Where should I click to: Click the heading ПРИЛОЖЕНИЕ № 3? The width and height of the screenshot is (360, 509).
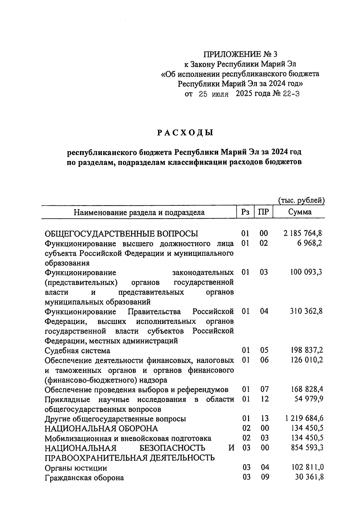click(240, 54)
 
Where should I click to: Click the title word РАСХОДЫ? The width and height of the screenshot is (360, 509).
click(185, 133)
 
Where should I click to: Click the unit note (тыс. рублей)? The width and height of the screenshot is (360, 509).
click(301, 200)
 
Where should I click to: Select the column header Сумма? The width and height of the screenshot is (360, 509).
click(300, 212)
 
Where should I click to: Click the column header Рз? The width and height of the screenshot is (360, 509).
click(245, 212)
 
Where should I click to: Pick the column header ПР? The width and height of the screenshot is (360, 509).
click(263, 212)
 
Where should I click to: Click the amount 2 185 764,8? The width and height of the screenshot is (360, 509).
click(303, 233)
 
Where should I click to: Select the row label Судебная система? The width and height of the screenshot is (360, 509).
click(77, 351)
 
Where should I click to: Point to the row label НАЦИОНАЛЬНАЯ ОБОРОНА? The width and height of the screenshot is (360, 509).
click(101, 428)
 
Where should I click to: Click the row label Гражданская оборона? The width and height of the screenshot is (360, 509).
click(84, 478)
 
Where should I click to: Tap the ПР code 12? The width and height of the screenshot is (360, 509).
click(264, 399)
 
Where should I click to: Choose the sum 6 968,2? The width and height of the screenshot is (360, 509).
click(310, 243)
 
